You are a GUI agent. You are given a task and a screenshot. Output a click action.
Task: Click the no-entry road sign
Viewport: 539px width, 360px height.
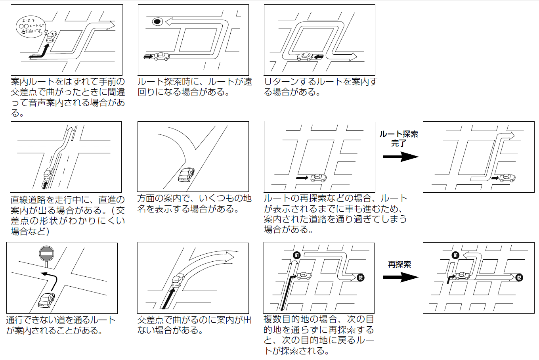(x=46, y=253)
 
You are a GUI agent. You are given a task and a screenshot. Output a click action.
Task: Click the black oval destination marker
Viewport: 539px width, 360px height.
(x=157, y=22)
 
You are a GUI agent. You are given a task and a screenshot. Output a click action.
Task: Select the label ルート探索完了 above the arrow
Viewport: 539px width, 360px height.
(x=399, y=138)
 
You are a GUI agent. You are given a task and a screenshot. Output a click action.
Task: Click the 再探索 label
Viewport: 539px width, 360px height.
(x=399, y=264)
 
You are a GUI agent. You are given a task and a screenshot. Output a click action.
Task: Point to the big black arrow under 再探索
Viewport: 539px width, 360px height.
(x=401, y=277)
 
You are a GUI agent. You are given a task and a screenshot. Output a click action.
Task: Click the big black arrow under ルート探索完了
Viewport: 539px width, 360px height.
(x=401, y=157)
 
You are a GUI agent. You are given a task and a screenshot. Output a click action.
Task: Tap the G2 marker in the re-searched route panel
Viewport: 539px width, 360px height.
(x=519, y=278)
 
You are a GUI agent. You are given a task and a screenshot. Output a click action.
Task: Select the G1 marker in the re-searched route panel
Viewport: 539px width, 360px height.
(x=455, y=255)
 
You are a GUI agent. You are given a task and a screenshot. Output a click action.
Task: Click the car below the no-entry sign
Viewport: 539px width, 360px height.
(x=46, y=300)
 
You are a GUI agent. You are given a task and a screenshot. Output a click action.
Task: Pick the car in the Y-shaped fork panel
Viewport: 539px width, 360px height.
(x=186, y=174)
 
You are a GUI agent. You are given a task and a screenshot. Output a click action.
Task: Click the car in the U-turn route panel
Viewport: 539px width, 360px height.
(x=305, y=57)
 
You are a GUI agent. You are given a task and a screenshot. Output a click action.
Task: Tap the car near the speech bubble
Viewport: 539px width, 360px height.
(x=52, y=36)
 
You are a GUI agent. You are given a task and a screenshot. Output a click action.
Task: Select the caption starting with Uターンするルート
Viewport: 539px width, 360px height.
(x=321, y=87)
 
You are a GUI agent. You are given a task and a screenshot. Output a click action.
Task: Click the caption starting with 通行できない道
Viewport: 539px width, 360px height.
(x=61, y=326)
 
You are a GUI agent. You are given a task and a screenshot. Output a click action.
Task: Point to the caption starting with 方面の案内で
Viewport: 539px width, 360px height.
(x=195, y=203)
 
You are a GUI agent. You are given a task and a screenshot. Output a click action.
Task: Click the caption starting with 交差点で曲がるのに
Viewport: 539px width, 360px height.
(x=195, y=325)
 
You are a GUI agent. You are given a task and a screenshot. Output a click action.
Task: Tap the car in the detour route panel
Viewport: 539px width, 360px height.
(x=161, y=57)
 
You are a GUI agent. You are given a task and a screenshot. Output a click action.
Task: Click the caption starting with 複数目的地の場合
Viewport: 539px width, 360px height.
(x=319, y=335)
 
